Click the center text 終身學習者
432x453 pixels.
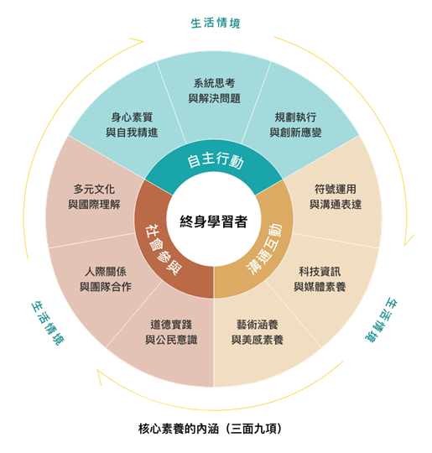point(214,221)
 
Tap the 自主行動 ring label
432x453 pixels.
point(216,160)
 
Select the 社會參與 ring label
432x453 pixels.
point(164,250)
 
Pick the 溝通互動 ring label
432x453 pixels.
point(264,248)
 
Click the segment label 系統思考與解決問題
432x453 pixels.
point(214,91)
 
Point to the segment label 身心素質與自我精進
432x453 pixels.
point(132,125)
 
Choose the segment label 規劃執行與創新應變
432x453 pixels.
point(295,125)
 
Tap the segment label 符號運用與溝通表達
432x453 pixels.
point(336,197)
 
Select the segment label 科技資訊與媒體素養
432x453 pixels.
point(320,279)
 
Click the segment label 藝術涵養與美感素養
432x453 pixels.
point(258,332)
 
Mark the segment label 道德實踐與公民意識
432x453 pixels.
point(171,332)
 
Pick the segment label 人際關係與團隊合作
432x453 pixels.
point(106,279)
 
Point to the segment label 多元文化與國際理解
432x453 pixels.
point(94,197)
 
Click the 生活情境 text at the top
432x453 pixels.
point(216,23)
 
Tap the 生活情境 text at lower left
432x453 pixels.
point(48,323)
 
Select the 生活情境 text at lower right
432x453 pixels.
point(381,320)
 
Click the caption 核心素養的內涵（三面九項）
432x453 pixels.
point(210,429)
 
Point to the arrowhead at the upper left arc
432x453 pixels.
point(138,41)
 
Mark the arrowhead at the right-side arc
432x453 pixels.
point(408,240)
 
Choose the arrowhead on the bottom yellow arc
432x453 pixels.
point(100,376)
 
